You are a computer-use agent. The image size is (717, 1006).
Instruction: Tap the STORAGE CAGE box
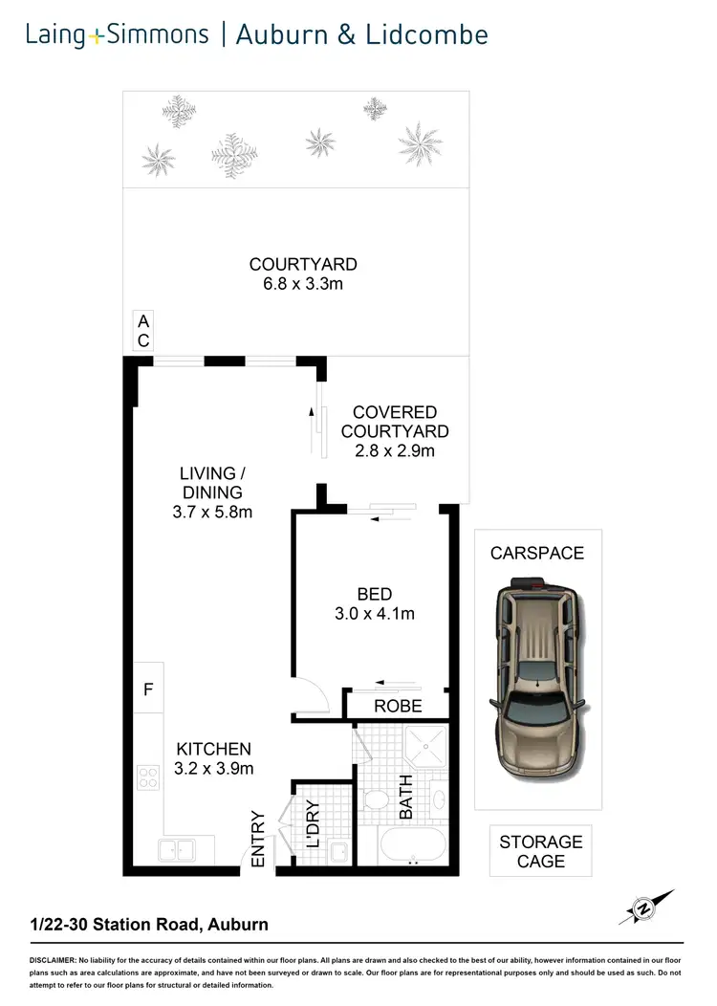click(x=540, y=851)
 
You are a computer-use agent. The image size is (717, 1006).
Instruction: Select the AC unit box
click(x=142, y=331)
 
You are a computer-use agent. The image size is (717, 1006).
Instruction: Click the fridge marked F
click(x=148, y=689)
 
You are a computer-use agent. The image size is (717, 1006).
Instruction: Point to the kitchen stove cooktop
click(x=149, y=777)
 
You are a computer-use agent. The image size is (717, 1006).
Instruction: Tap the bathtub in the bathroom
click(x=413, y=847)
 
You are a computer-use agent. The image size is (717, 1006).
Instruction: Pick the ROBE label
click(x=397, y=708)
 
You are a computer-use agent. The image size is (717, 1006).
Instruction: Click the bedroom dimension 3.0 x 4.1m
click(x=373, y=614)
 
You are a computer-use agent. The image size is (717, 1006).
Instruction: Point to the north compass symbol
click(x=644, y=907)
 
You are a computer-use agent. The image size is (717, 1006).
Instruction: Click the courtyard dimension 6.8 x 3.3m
click(x=303, y=284)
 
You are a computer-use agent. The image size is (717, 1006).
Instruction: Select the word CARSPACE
click(x=536, y=554)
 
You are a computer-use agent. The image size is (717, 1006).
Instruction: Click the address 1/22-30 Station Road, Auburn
click(x=148, y=924)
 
